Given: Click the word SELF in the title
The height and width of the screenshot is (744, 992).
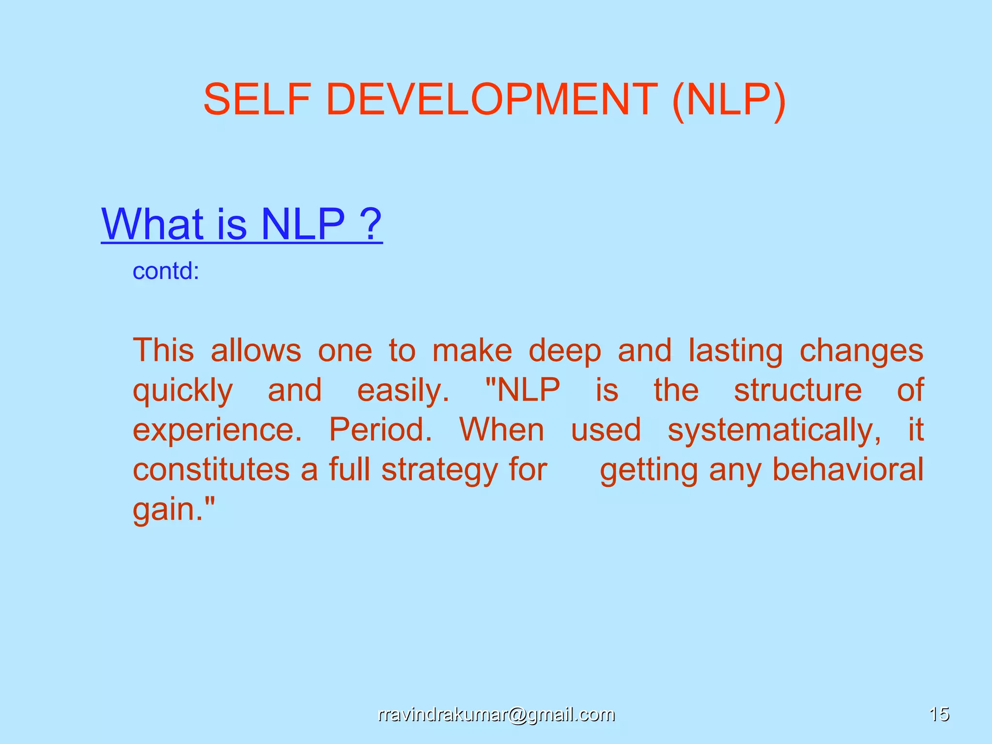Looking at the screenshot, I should (256, 99).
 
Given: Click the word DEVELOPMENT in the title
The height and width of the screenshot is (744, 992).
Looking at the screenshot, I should (492, 99).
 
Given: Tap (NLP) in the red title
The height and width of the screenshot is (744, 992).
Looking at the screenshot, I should (728, 100).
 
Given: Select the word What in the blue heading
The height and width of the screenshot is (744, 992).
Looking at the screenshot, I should (153, 224).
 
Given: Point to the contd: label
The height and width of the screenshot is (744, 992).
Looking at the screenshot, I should (166, 271).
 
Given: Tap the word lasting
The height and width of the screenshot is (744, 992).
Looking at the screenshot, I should (735, 351).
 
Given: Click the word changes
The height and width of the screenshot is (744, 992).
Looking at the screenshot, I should (861, 351).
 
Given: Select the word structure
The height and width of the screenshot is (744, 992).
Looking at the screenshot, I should (797, 390).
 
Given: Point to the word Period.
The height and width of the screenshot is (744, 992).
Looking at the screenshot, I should (380, 430).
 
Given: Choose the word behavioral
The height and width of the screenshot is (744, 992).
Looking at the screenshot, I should (847, 469).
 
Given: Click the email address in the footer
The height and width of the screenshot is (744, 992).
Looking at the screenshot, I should (496, 714).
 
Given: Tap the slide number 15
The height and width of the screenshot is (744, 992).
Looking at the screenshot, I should (939, 714).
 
